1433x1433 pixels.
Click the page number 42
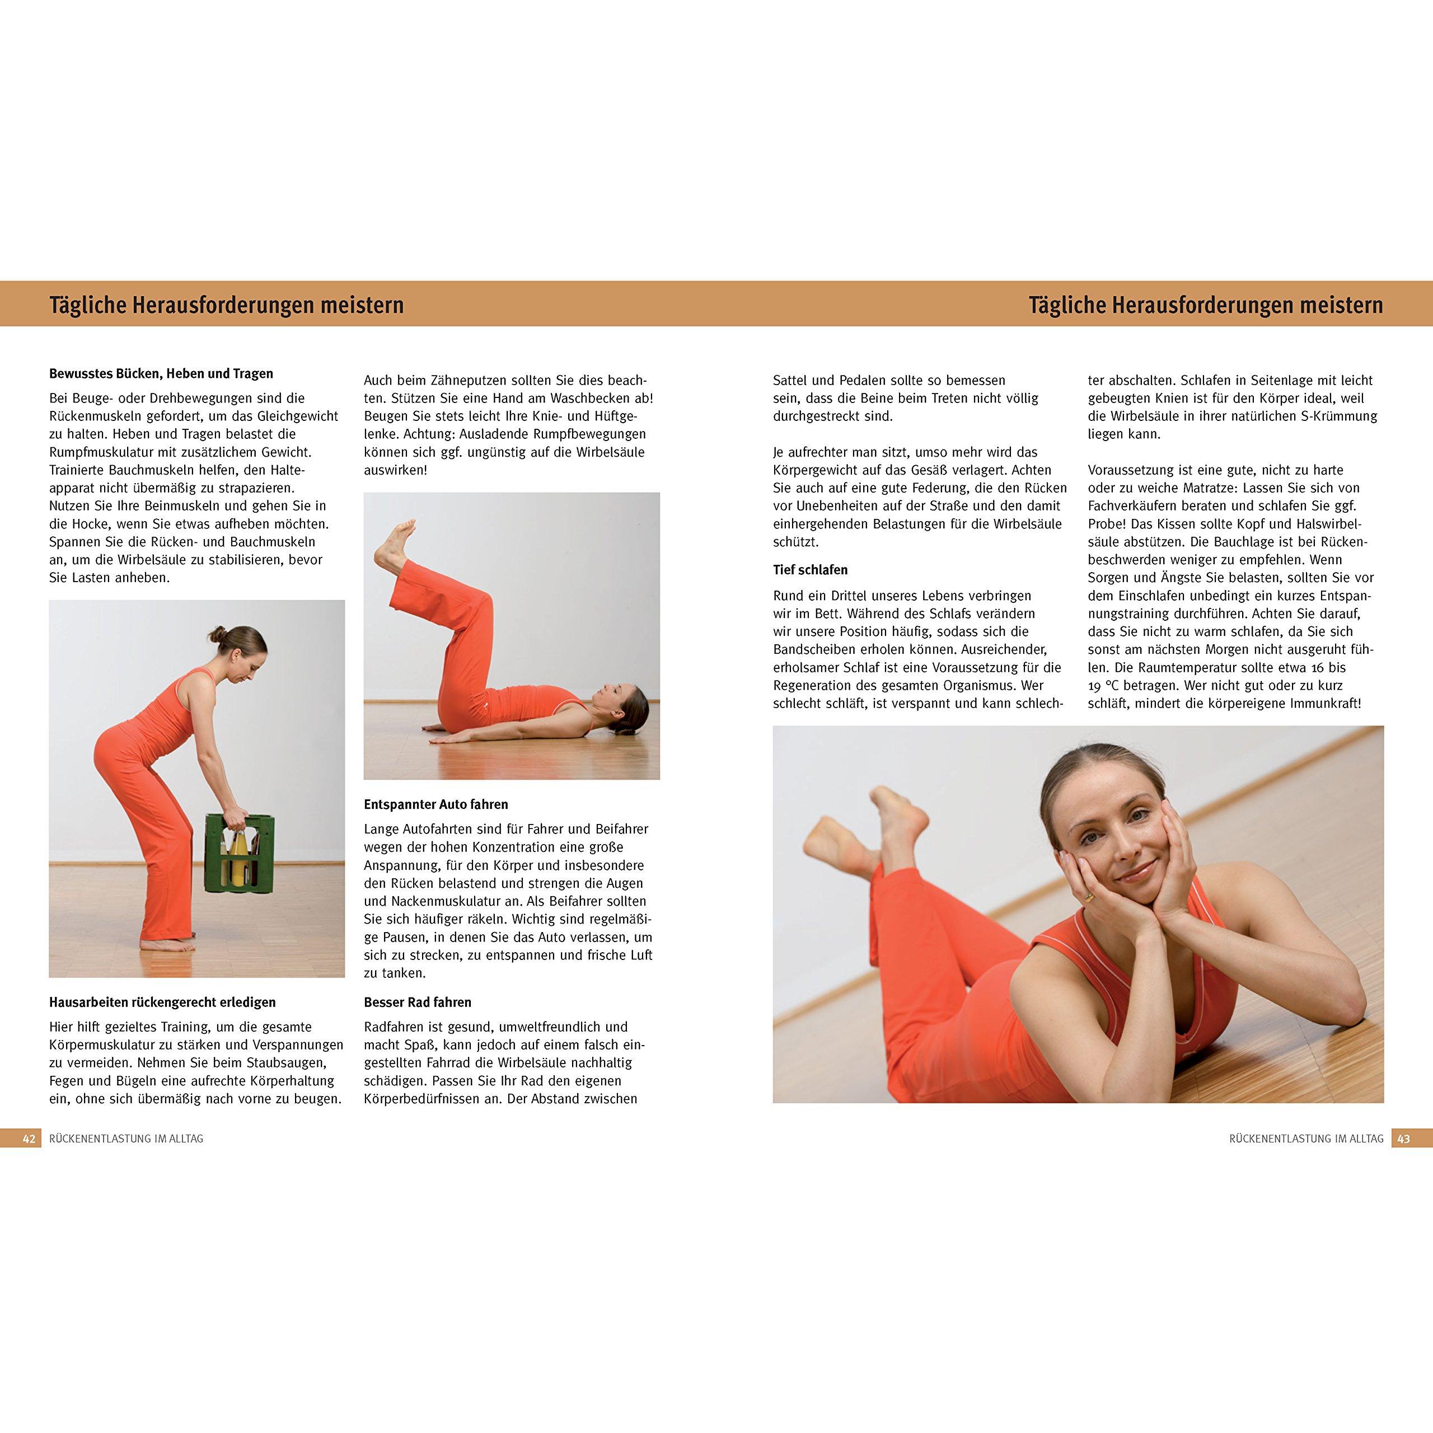pyautogui.click(x=30, y=1139)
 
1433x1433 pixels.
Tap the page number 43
pyautogui.click(x=1403, y=1139)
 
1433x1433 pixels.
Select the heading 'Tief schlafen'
pyautogui.click(x=810, y=570)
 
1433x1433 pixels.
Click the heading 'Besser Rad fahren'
pyautogui.click(x=418, y=1002)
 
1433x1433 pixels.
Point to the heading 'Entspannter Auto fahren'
pyautogui.click(x=436, y=804)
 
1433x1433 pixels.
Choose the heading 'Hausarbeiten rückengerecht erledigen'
pyautogui.click(x=162, y=1002)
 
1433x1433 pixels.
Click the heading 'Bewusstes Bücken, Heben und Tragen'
pyautogui.click(x=161, y=374)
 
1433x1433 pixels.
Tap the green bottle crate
pyautogui.click(x=240, y=853)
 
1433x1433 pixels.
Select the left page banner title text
pyautogui.click(x=226, y=306)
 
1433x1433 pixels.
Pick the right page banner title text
pyautogui.click(x=1206, y=306)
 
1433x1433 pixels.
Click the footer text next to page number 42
pyautogui.click(x=126, y=1139)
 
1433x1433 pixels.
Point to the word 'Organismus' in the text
pyautogui.click(x=980, y=685)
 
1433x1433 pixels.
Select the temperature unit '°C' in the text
pyautogui.click(x=1116, y=685)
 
